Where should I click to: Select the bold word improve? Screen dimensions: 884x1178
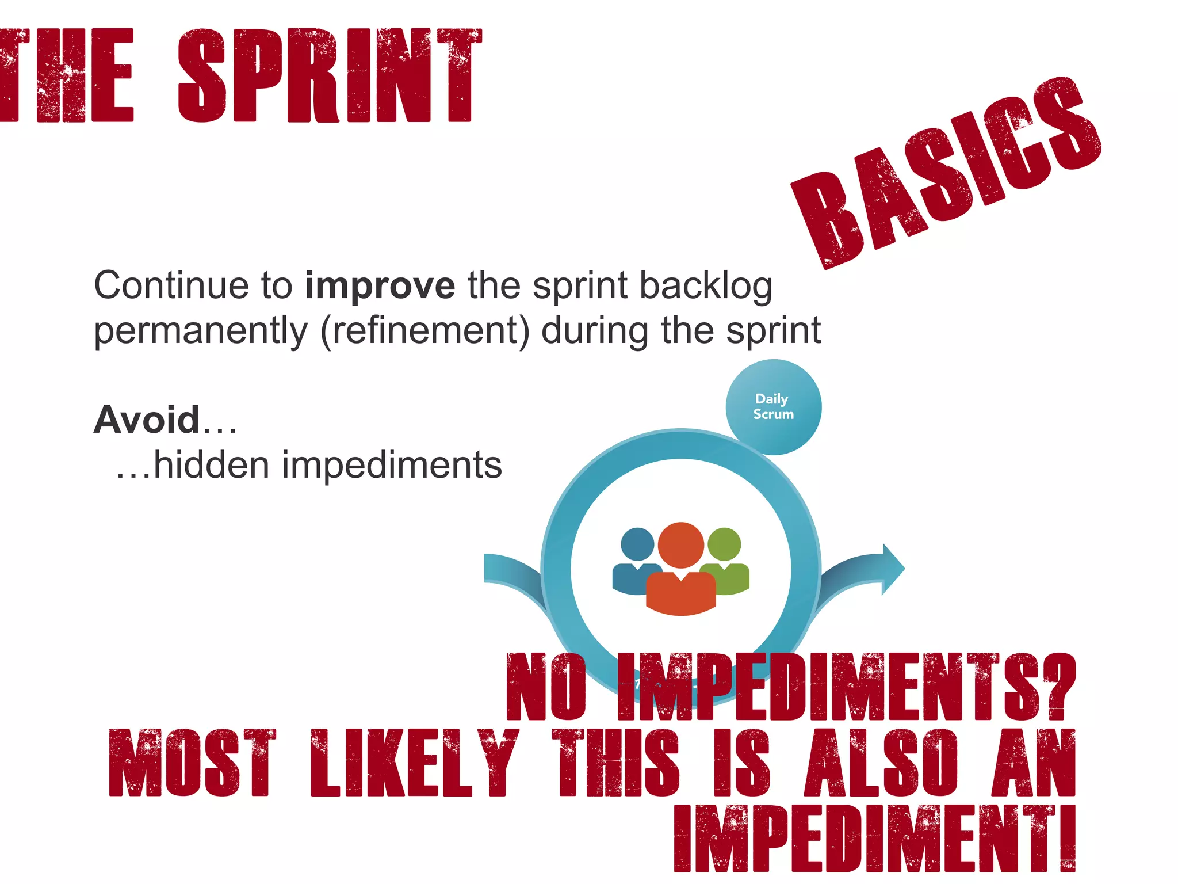pyautogui.click(x=380, y=285)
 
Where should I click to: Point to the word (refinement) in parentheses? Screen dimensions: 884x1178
pyautogui.click(x=424, y=331)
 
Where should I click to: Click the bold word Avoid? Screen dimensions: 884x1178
pyautogui.click(x=147, y=420)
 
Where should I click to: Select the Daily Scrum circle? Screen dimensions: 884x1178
pyautogui.click(x=773, y=407)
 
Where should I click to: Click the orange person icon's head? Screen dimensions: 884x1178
pyautogui.click(x=680, y=544)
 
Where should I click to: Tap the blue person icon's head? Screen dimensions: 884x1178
pyautogui.click(x=637, y=544)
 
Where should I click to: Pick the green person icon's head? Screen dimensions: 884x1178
pyautogui.click(x=724, y=543)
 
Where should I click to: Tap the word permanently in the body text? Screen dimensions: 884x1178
pyautogui.click(x=201, y=331)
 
